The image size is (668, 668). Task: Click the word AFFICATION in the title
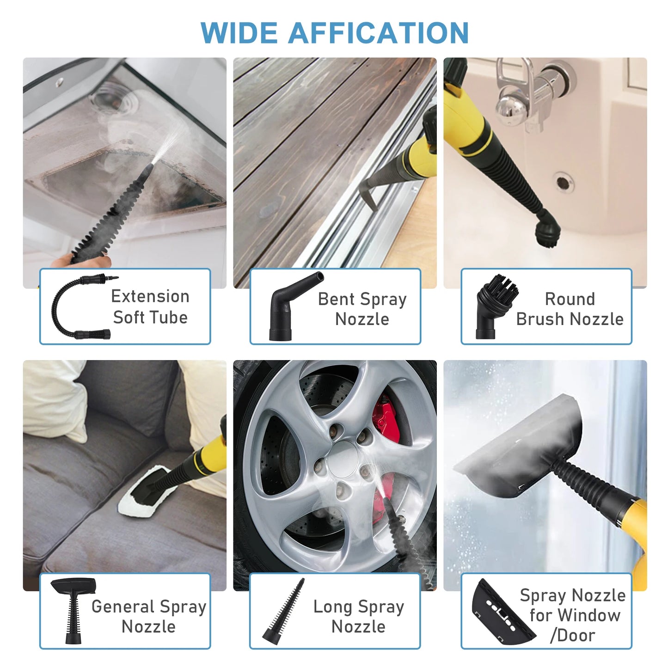coord(378,33)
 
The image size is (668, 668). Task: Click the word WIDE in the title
coord(239,33)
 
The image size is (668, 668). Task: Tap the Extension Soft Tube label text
coord(150,306)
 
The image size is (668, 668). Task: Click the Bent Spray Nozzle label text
coord(362,309)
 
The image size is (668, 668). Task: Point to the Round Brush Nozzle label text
coord(570,309)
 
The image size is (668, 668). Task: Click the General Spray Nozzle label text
coord(148,616)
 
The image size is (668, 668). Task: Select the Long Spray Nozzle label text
coord(359,616)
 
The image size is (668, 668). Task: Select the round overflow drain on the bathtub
coord(563,182)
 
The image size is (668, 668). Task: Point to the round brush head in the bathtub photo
coord(546,230)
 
